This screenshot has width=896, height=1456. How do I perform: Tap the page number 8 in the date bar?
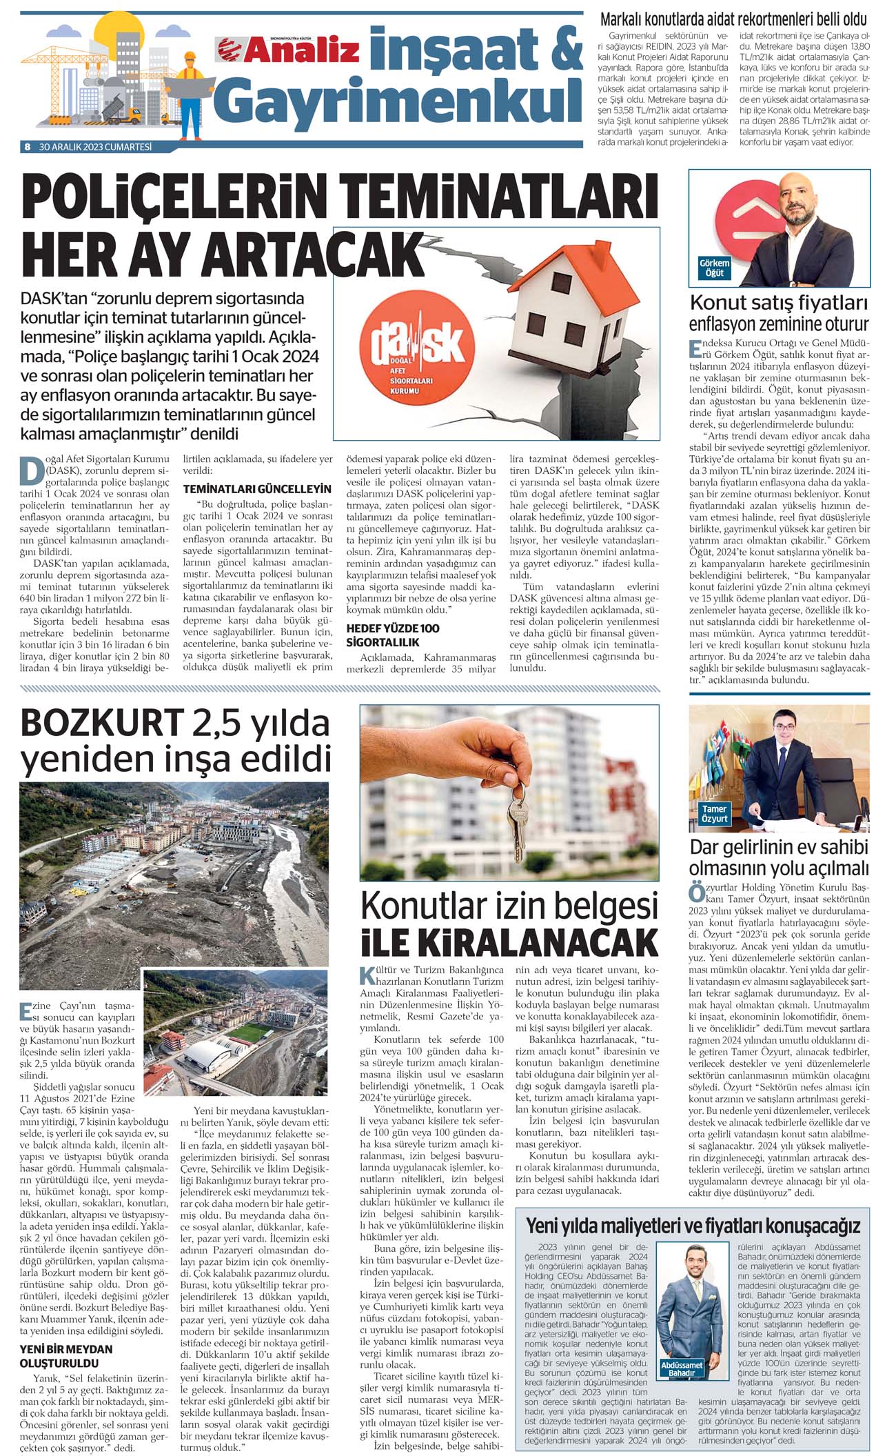pos(28,147)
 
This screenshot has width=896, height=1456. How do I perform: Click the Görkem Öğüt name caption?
pos(714,268)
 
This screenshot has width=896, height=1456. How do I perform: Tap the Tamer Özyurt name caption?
pos(715,814)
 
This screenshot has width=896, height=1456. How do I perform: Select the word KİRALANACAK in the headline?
pos(509,942)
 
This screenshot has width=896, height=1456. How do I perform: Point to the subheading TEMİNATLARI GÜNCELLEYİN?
pos(257,489)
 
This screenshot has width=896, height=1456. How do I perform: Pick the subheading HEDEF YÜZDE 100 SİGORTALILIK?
pos(392,635)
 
